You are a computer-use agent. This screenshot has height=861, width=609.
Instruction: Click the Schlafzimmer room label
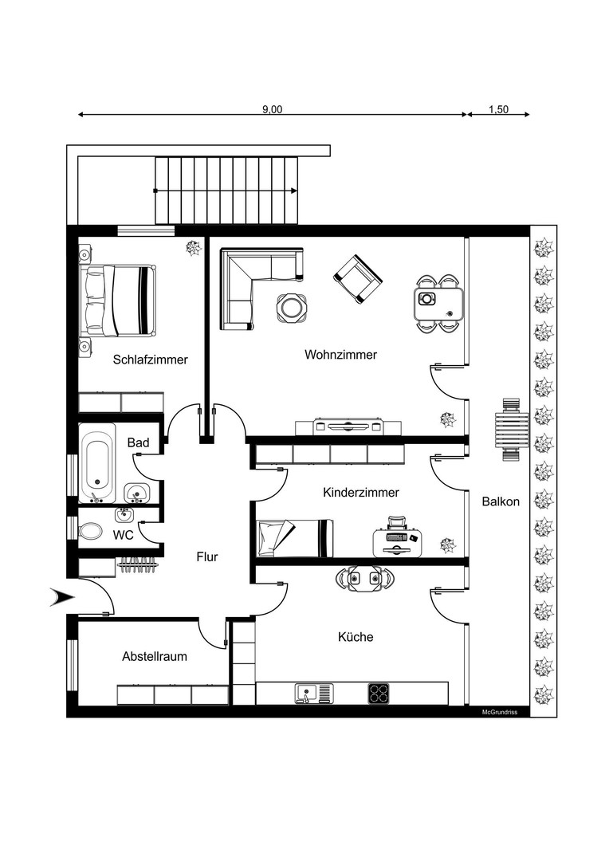150,360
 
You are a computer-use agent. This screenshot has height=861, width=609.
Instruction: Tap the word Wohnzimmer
340,354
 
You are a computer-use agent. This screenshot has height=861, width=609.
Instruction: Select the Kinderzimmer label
360,493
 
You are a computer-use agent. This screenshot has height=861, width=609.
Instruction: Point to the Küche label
356,637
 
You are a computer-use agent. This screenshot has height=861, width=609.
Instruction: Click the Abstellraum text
155,657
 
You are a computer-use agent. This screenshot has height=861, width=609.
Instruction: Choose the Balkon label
501,501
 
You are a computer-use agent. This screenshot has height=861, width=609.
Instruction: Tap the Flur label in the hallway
207,557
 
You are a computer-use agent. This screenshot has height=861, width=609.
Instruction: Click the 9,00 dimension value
273,110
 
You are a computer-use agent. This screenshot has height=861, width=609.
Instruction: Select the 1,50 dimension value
498,110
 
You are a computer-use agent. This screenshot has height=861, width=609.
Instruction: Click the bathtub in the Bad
97,460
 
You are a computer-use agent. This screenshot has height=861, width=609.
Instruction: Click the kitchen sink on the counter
308,693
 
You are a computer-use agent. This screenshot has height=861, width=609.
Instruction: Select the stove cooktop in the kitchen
379,693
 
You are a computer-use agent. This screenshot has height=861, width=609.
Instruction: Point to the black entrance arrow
61,596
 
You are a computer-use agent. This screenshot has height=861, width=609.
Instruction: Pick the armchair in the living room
357,278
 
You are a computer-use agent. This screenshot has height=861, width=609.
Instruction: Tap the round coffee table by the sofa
290,307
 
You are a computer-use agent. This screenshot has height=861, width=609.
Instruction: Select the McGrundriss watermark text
500,712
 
